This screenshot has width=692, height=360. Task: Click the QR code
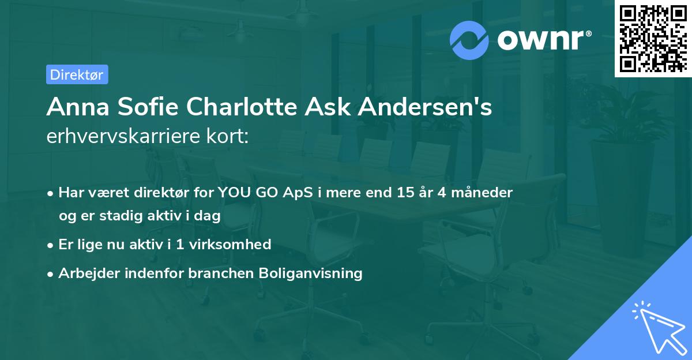653,39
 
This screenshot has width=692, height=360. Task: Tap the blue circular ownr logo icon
469,40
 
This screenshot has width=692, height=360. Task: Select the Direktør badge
77,74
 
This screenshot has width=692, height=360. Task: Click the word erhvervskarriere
121,136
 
